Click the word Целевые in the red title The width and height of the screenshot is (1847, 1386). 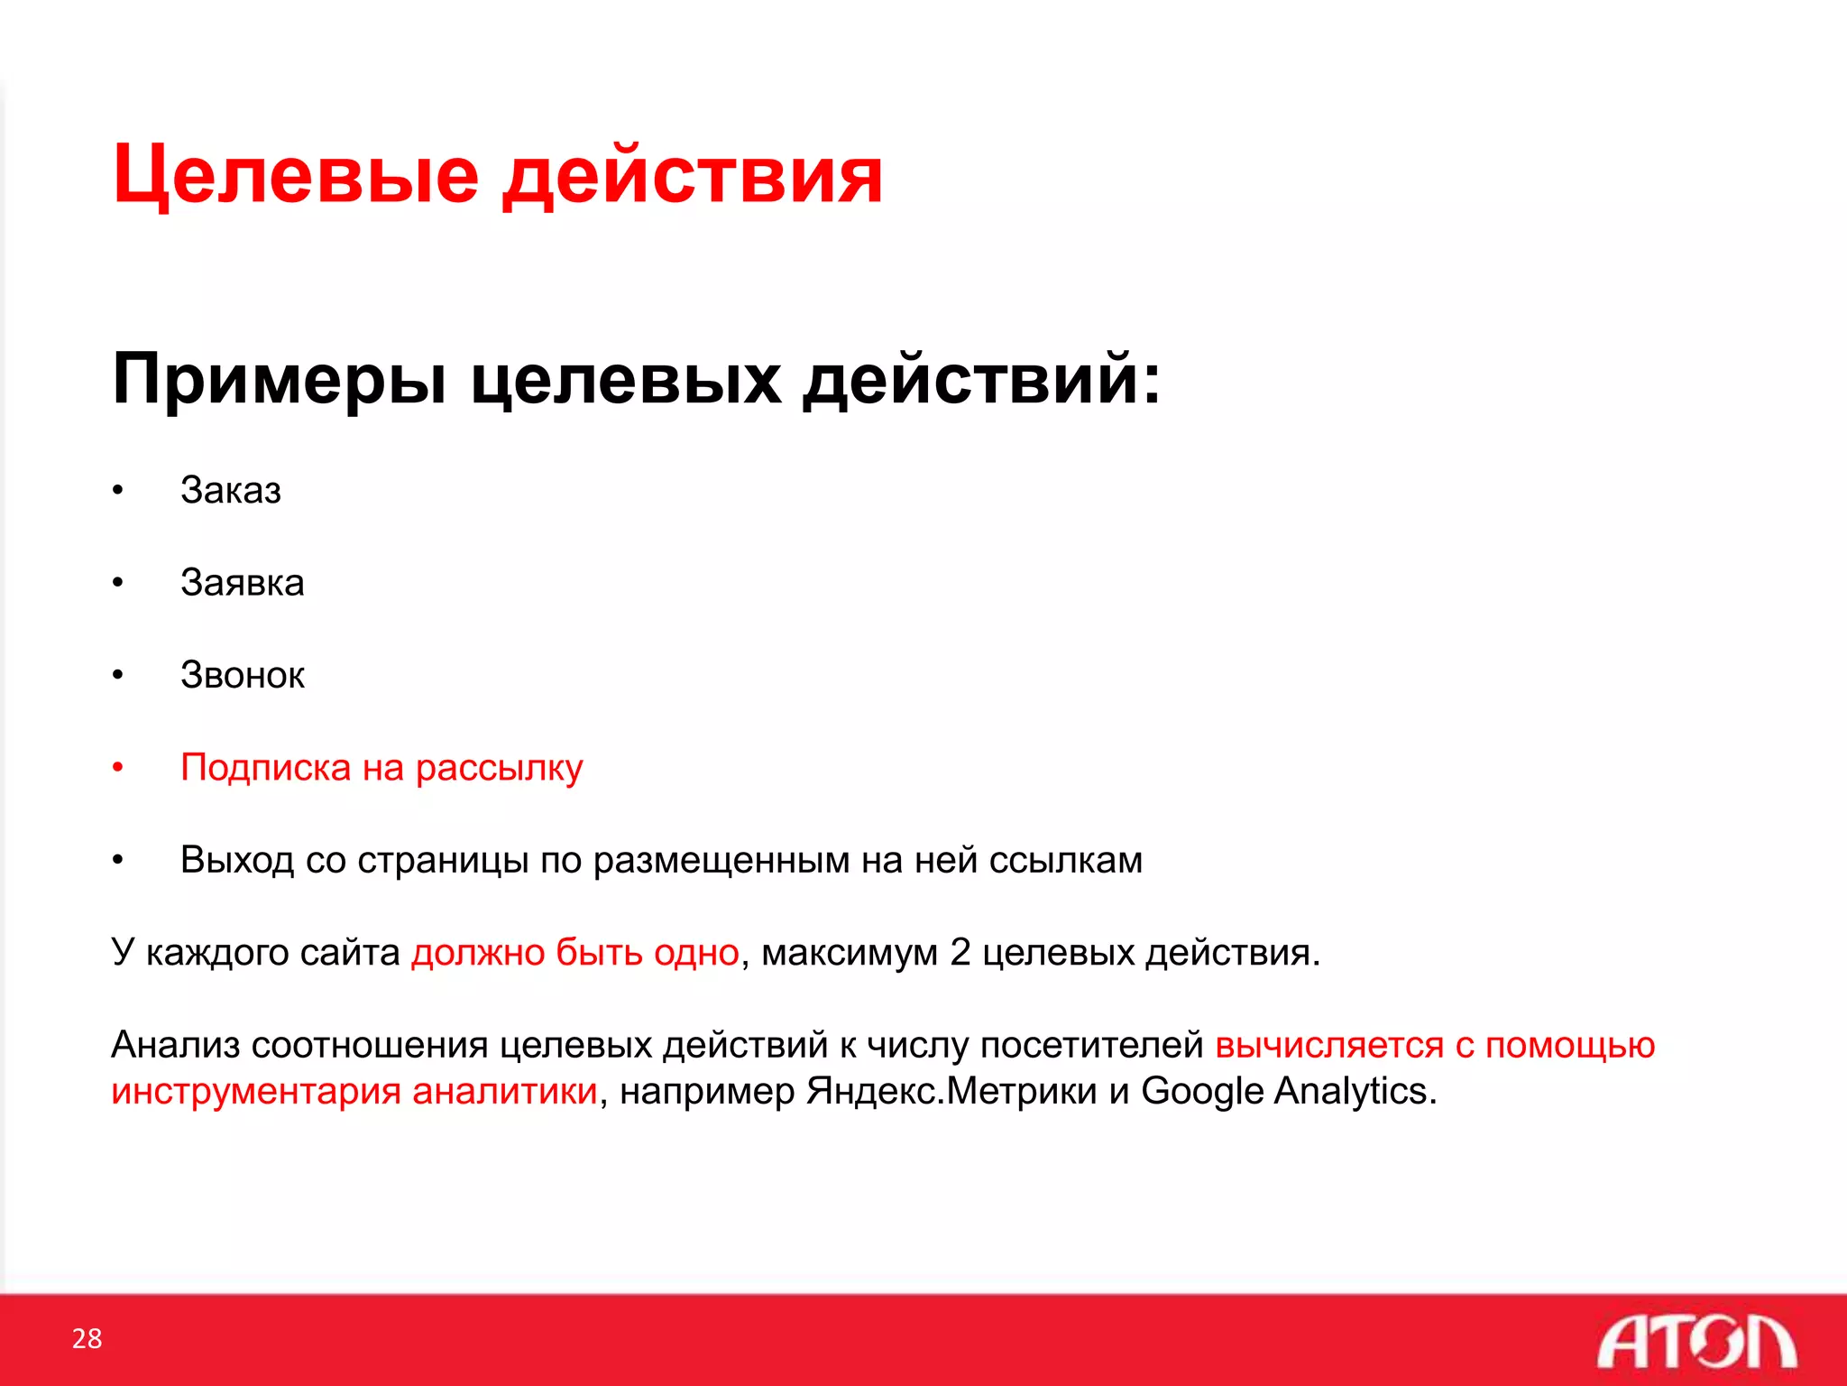[x=296, y=176]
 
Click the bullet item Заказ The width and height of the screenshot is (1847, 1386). [x=231, y=491]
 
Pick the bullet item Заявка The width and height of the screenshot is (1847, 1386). [x=243, y=583]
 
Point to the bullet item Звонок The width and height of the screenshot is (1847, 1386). [x=243, y=676]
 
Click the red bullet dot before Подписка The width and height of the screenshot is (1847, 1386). [x=117, y=768]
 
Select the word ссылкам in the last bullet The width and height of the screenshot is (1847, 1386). [x=1066, y=860]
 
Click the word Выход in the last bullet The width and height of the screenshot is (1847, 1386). [x=237, y=860]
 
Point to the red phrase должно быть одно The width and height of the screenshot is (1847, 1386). [x=575, y=953]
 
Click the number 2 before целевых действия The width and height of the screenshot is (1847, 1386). [x=960, y=953]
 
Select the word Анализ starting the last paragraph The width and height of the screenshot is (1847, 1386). [x=175, y=1045]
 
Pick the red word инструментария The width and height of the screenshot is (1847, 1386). [x=256, y=1092]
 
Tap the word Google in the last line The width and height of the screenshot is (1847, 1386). [x=1201, y=1092]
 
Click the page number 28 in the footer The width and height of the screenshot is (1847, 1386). [x=87, y=1338]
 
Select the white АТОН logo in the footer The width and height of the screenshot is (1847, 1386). [x=1696, y=1342]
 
